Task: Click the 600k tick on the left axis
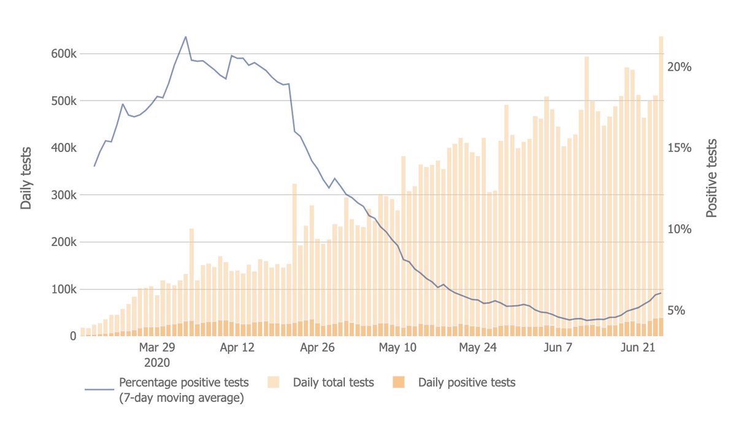click(64, 54)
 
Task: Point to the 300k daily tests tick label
click(64, 195)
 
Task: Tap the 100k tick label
click(64, 290)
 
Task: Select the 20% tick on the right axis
click(680, 67)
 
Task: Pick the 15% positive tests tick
click(680, 148)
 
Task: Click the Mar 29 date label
click(158, 348)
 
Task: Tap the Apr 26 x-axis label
click(317, 348)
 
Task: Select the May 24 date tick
click(477, 348)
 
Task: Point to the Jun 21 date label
click(636, 348)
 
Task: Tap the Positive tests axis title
click(711, 178)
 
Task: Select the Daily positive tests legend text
click(467, 383)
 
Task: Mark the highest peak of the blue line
click(186, 37)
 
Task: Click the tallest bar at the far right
click(661, 184)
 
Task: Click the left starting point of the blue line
click(94, 166)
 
